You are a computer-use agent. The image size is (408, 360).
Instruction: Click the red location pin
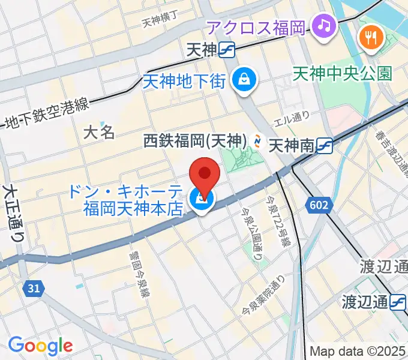pos(204,175)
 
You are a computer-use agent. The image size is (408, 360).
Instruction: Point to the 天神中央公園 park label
pos(343,74)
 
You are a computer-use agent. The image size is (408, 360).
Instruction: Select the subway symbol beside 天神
pos(226,50)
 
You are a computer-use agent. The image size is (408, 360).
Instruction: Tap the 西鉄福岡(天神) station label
pos(196,141)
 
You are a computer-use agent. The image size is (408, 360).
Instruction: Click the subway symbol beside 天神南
pos(325,145)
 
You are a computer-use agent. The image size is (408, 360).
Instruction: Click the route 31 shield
pos(34,289)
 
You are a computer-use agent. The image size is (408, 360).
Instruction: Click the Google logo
pos(40,346)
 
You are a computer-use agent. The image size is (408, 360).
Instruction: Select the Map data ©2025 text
pos(358,352)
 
